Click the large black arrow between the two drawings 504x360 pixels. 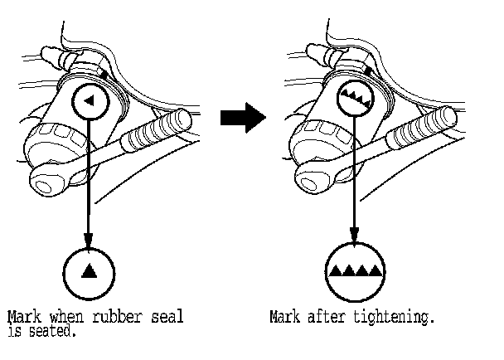[242, 119]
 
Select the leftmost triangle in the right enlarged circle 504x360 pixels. [336, 270]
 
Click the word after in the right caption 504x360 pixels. [331, 318]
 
